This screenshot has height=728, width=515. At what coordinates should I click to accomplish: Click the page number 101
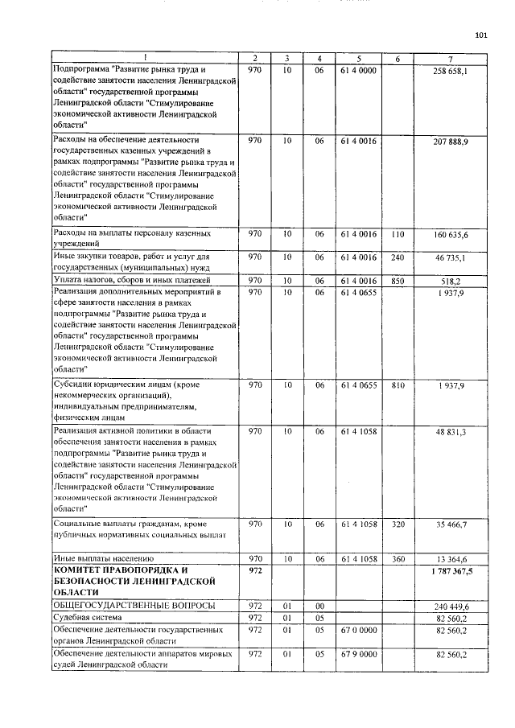(481, 35)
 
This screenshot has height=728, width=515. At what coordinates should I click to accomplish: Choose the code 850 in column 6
(397, 281)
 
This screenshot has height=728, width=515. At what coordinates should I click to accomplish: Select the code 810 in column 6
(397, 386)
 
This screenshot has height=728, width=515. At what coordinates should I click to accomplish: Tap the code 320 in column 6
(397, 524)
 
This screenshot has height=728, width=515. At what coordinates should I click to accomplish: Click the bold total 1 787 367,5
(447, 570)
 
